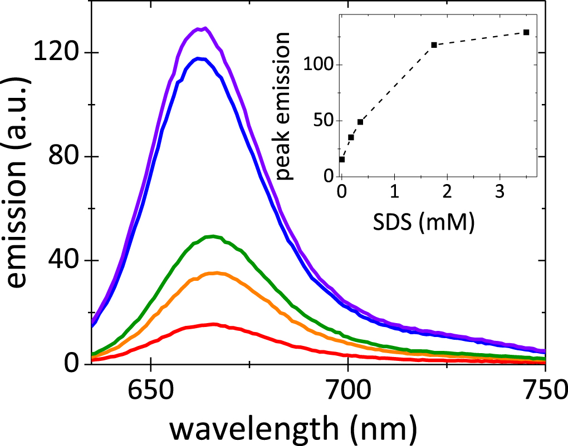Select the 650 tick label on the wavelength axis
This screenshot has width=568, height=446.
[150, 389]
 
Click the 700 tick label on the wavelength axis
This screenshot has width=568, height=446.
[347, 389]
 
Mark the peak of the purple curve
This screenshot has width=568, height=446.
[204, 28]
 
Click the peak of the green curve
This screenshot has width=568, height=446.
[212, 236]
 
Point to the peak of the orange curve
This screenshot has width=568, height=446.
[216, 272]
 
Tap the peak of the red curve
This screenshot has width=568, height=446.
[212, 324]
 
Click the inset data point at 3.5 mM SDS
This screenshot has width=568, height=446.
[526, 32]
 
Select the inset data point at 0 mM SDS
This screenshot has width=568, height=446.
[342, 159]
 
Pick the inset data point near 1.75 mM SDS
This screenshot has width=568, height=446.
[434, 44]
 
